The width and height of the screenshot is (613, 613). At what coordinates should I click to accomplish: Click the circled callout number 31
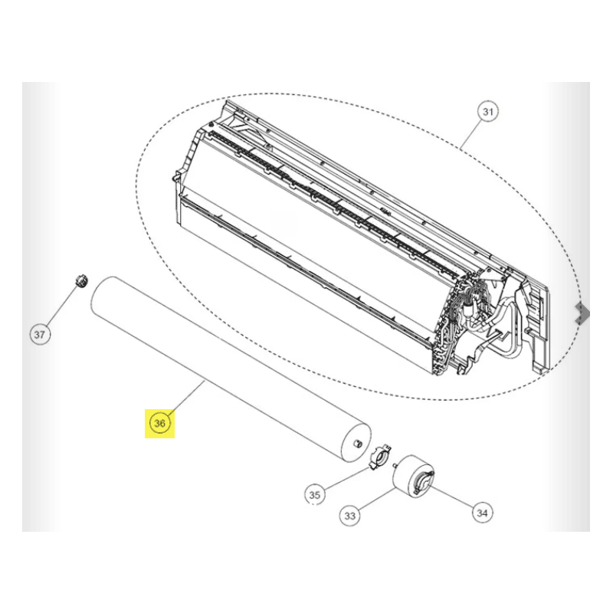(487, 112)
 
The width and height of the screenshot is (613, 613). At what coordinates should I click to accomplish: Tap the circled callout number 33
(349, 516)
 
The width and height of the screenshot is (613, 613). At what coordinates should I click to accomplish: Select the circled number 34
(482, 513)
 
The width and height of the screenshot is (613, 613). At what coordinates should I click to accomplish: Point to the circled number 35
(315, 495)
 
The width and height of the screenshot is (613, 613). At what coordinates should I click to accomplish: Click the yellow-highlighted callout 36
(160, 424)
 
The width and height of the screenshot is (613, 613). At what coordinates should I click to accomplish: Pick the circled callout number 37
(40, 335)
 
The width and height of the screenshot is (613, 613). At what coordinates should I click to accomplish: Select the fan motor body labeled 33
(411, 475)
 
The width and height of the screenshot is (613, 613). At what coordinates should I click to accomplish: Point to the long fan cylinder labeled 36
(231, 369)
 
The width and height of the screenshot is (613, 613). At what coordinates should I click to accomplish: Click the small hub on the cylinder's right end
(356, 444)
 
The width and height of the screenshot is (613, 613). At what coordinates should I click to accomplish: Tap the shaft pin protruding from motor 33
(395, 465)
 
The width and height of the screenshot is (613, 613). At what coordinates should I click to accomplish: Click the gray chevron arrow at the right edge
(582, 313)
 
